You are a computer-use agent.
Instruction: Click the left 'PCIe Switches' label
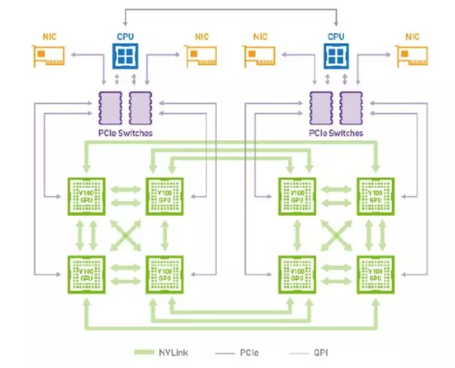[125, 133]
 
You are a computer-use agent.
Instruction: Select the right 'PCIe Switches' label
[335, 133]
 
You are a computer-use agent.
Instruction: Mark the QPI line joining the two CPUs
[230, 9]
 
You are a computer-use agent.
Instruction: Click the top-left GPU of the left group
[86, 196]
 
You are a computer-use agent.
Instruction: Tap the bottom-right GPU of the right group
[375, 274]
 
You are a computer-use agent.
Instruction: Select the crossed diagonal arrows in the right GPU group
[336, 235]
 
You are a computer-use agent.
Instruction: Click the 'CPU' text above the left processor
[125, 37]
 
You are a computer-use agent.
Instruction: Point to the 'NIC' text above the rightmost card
[413, 37]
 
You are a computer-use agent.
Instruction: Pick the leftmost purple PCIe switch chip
[107, 109]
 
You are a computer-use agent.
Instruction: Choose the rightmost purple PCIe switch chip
[350, 109]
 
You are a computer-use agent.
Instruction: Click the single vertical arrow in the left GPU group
[164, 235]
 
